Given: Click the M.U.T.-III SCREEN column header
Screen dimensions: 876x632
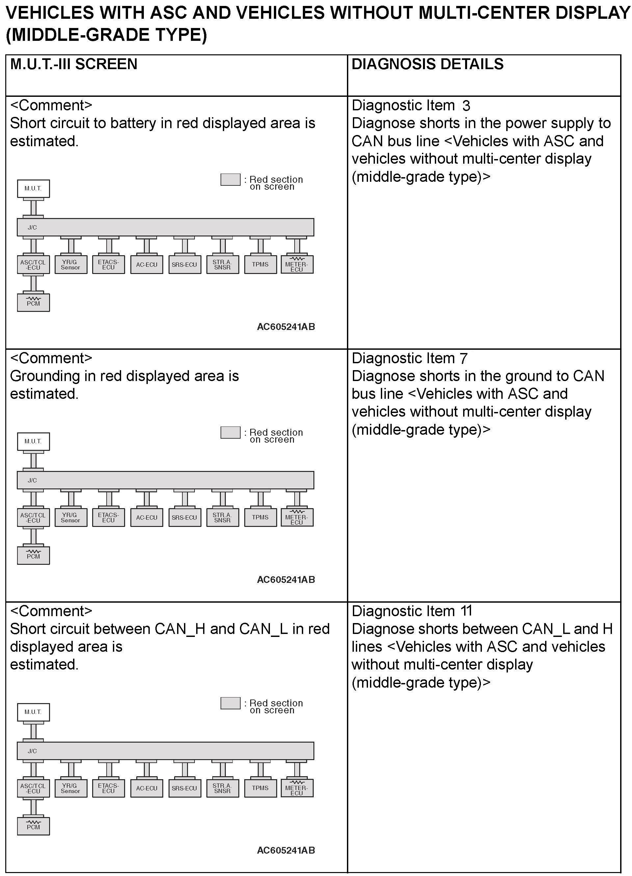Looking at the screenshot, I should tap(73, 64).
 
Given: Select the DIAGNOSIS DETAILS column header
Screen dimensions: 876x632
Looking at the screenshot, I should tap(427, 64).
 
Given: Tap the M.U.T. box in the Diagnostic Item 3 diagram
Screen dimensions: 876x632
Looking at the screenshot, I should tap(33, 188).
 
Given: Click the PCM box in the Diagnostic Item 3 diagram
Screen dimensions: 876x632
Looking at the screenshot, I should tap(34, 302).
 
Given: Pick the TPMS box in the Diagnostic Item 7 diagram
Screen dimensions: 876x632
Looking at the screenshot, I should tap(261, 517).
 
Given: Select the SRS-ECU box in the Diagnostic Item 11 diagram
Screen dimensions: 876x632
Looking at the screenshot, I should tap(185, 788).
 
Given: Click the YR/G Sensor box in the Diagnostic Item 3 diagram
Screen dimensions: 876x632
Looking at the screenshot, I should tap(71, 264).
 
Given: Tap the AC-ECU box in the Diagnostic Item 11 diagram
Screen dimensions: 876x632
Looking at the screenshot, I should tap(147, 788).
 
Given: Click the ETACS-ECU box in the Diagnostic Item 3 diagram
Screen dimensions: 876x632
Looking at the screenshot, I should tap(109, 264).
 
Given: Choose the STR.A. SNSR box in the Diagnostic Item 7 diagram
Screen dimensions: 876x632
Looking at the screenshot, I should tap(223, 517).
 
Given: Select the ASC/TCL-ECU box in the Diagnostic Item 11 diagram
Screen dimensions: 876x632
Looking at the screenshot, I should tap(34, 788).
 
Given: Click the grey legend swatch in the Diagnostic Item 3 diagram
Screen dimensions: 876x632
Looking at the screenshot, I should tap(230, 179).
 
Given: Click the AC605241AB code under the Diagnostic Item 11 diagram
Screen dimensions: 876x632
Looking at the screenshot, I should tap(286, 850).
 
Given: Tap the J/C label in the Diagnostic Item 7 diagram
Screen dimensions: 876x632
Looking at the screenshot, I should tap(33, 480).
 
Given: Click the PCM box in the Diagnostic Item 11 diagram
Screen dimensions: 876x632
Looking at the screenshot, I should tap(34, 826).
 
